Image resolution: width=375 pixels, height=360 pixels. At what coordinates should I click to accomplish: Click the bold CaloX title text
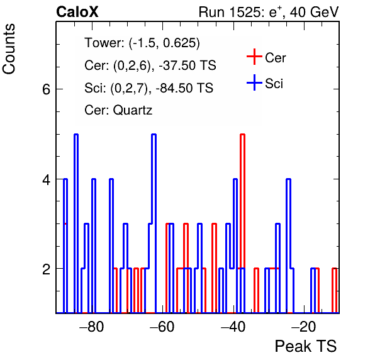77,12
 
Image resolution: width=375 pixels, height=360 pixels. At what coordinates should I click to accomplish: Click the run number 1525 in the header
243,12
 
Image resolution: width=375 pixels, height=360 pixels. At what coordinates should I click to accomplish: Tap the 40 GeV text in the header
314,12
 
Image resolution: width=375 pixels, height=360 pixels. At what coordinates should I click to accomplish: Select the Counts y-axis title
9,49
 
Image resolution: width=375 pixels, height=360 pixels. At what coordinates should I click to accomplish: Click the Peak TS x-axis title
306,346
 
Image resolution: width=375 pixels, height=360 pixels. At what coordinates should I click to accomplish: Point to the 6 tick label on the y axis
47,89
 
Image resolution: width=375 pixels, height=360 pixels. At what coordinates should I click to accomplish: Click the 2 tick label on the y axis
47,269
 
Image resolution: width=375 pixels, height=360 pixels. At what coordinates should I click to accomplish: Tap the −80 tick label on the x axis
92,327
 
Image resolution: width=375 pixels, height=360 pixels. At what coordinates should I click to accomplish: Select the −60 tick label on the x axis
162,327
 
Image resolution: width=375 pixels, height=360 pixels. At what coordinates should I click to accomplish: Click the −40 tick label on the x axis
233,327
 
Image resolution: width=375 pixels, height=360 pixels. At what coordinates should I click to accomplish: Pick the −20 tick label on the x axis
303,327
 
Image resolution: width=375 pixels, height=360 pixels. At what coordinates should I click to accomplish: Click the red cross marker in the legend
254,57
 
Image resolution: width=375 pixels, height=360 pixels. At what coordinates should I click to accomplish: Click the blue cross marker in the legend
254,82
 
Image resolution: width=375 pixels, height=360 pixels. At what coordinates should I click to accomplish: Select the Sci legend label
274,84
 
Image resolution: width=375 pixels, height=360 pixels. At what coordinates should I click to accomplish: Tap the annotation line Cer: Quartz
118,110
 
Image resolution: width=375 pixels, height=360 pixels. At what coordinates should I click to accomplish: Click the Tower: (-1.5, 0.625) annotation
142,43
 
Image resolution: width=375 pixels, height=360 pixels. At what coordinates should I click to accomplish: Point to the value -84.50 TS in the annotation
184,87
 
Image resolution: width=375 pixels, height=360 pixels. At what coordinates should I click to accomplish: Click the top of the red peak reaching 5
242,135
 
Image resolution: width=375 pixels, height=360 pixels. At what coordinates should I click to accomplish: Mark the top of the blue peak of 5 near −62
154,135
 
